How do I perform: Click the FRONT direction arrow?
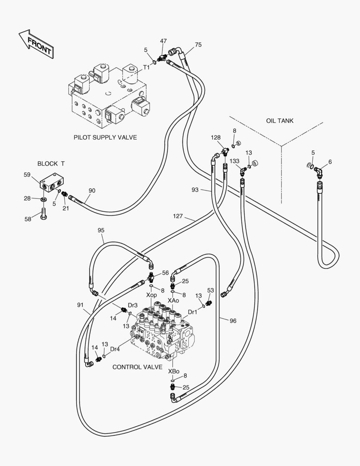click(36, 44)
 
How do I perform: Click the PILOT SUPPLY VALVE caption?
click(105, 137)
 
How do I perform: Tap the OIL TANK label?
click(279, 121)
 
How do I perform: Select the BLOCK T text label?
click(51, 164)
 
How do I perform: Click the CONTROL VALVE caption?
click(137, 367)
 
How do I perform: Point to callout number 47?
click(163, 41)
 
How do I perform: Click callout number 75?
click(198, 44)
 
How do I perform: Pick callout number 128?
click(216, 137)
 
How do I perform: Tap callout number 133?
click(235, 161)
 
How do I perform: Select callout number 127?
click(178, 216)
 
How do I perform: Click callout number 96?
click(233, 321)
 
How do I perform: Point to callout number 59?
click(27, 175)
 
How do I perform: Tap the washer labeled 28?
click(44, 199)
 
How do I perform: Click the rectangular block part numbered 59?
click(52, 182)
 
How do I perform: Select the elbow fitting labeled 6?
click(319, 172)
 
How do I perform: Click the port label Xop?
click(151, 295)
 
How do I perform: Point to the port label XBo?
click(174, 371)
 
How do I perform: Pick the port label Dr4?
click(115, 349)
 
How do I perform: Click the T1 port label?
click(146, 67)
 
